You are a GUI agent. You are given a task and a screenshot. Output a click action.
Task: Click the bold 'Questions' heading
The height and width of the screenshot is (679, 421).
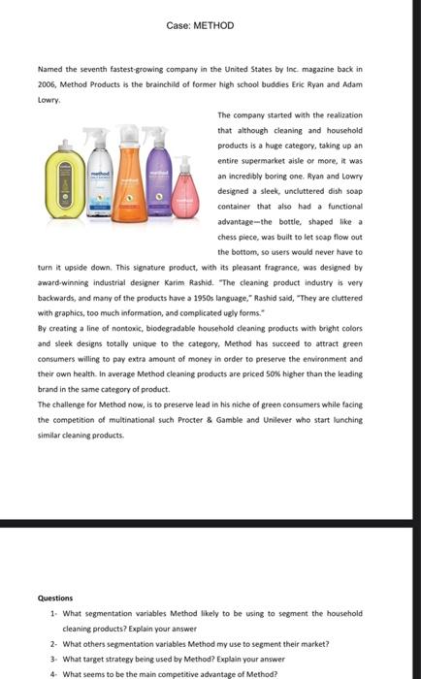point(55,598)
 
